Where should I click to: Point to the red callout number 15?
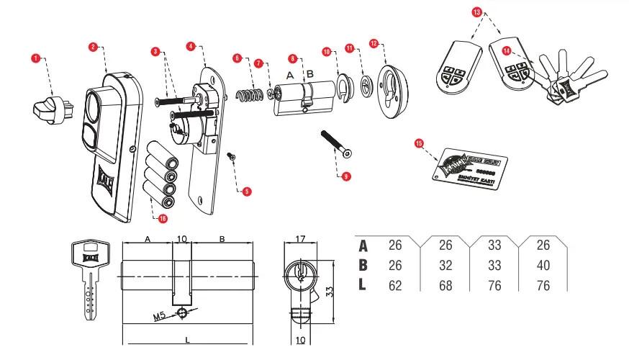[419, 143]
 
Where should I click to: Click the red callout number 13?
[476, 13]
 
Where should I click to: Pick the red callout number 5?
[246, 192]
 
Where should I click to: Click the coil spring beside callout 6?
[247, 95]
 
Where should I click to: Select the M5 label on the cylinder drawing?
[162, 316]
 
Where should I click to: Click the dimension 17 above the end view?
[302, 240]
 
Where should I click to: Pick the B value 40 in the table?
[543, 266]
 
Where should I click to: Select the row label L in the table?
[363, 285]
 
